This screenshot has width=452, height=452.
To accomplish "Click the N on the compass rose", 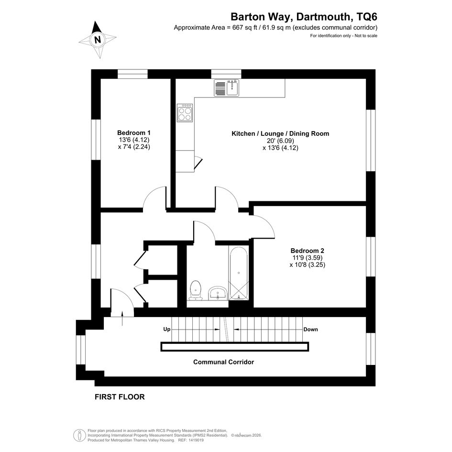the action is click(x=98, y=39).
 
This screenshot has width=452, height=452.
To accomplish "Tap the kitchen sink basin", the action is click(x=232, y=88).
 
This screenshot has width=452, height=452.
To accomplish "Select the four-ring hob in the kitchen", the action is click(x=185, y=113).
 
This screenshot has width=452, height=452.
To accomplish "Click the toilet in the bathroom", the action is click(x=196, y=290).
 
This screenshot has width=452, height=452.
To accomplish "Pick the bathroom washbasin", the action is click(x=218, y=293).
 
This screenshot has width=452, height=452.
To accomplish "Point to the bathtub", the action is click(x=238, y=273).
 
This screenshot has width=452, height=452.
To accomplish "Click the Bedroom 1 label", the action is click(x=134, y=133).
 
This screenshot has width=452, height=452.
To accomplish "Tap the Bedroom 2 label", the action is click(x=307, y=251).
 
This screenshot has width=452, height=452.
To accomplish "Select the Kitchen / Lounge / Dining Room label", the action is click(x=280, y=134).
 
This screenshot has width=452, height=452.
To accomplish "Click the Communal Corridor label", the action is click(x=223, y=362).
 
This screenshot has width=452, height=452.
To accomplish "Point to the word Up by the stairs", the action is click(x=167, y=329).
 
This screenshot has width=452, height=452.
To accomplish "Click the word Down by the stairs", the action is click(x=310, y=330).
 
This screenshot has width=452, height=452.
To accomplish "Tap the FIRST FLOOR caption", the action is click(x=120, y=397).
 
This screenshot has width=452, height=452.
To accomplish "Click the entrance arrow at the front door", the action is click(x=122, y=318).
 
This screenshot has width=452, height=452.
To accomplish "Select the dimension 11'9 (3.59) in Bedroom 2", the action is click(x=307, y=258).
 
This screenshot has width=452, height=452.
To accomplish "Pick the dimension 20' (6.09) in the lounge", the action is click(x=280, y=141).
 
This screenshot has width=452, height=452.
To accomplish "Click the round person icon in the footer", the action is click(x=79, y=435).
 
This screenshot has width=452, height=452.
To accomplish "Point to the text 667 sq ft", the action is click(x=244, y=28).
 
